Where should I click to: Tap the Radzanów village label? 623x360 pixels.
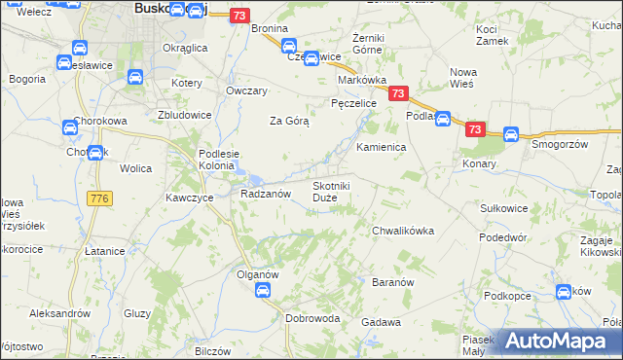point(266,194)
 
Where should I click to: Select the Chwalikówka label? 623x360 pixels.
point(402,231)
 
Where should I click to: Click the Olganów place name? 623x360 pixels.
point(258,274)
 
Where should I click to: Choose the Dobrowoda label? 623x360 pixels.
point(312,318)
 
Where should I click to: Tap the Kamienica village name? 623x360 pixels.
point(381,147)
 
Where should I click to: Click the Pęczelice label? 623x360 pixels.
point(353,102)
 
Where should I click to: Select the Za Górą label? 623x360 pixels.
point(289,122)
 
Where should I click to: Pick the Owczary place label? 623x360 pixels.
point(245,90)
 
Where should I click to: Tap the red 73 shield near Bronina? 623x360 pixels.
point(241,16)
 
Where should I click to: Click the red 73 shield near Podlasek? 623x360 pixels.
point(397,93)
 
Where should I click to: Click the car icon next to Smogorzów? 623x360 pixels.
point(510,135)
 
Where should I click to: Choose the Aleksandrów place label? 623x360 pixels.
point(59,313)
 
